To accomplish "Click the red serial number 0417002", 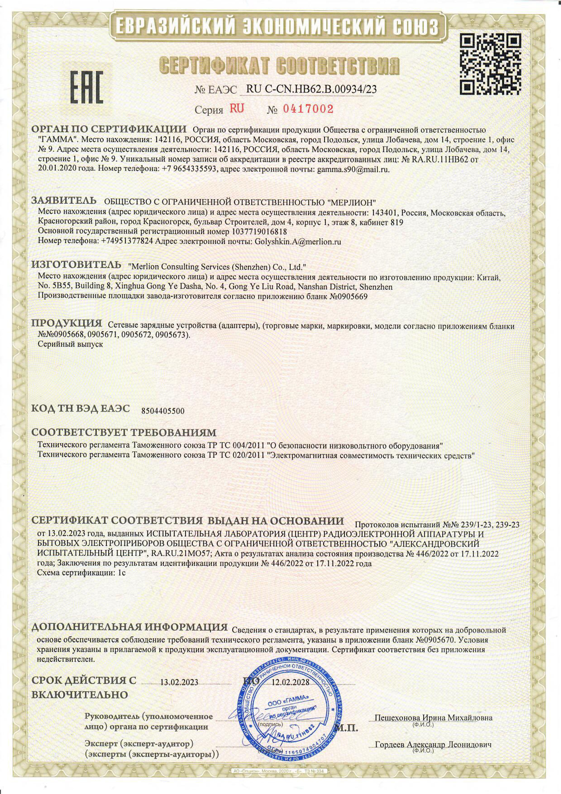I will tap(308, 109).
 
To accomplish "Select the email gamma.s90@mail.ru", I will tap(353, 170).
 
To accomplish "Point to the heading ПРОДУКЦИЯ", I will tap(67, 324).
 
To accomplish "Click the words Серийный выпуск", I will tap(70, 344).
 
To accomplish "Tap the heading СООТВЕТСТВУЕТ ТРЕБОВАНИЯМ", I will tap(124, 433).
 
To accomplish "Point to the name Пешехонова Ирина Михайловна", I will tap(433, 717).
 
